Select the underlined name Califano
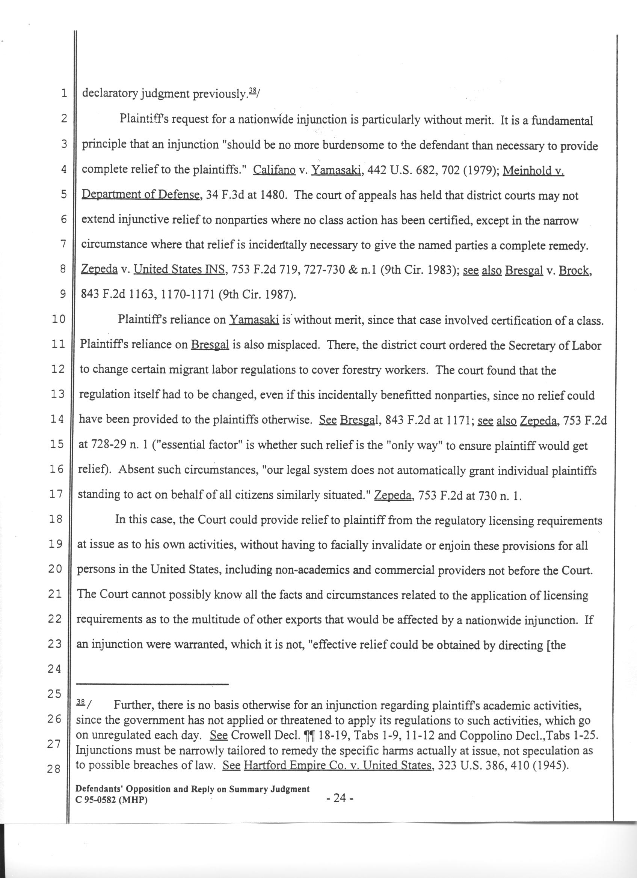point(274,170)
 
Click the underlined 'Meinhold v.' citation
point(533,171)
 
